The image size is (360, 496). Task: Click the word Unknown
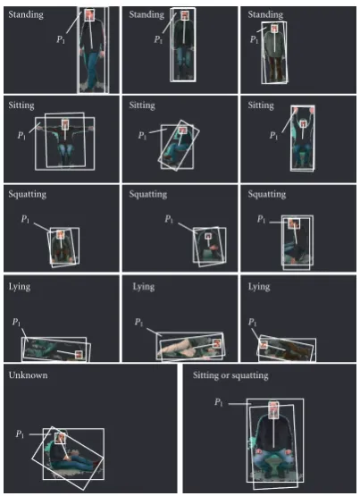pos(28,375)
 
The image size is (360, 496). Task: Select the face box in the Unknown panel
pos(60,439)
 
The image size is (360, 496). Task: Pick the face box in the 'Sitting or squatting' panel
pos(273,410)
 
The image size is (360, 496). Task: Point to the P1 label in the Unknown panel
pos(20,434)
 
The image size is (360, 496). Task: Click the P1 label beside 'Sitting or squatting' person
pos(219,402)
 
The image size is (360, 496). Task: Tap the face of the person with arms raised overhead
pos(303,123)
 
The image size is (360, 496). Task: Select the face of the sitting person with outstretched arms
pos(65,124)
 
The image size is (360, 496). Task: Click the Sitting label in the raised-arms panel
pos(261,105)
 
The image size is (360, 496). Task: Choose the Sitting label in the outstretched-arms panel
pos(21,105)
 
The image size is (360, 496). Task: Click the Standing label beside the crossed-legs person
pos(26,14)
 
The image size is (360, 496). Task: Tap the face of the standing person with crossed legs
pos(89,14)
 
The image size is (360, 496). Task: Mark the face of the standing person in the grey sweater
pos(274,29)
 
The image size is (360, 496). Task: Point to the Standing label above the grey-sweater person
pos(265,14)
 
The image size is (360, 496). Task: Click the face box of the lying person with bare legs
pos(216,343)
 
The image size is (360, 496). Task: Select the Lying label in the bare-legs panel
pos(144,287)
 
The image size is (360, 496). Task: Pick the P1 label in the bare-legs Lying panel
pos(139,323)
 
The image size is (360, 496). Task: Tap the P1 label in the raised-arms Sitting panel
pos(273,136)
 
